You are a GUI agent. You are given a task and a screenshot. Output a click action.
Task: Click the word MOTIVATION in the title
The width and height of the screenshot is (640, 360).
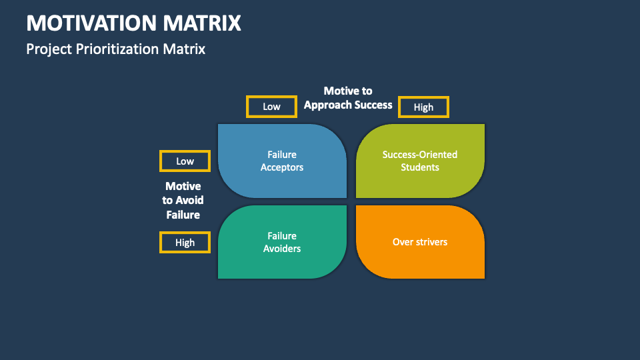coord(91,23)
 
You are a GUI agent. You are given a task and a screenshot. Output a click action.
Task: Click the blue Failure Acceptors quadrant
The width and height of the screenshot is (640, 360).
coord(281,161)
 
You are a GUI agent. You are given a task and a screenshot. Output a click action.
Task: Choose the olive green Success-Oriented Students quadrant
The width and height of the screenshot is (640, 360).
coord(420,161)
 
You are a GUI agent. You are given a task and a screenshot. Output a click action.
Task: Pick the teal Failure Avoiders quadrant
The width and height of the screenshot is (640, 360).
coord(281,242)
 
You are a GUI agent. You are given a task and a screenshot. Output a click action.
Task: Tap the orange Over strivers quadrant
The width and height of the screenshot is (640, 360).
coord(420,242)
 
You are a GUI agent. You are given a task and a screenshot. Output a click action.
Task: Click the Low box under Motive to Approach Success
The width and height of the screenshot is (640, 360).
coord(271,107)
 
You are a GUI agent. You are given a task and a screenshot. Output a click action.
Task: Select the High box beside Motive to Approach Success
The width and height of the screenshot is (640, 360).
coord(423,107)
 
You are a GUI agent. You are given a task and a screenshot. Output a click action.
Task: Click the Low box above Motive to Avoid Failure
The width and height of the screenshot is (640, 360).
coord(185,161)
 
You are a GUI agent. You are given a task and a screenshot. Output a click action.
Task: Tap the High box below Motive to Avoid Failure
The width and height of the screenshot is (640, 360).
coord(185,243)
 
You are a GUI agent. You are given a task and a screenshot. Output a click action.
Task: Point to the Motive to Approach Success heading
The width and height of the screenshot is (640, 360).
coord(348,97)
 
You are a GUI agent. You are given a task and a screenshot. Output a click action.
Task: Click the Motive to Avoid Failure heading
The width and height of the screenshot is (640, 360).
coord(183,200)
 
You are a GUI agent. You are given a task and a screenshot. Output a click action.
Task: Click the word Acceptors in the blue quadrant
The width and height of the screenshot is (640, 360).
coord(282,167)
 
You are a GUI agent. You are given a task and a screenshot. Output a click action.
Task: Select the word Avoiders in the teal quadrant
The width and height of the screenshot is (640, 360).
coord(282,249)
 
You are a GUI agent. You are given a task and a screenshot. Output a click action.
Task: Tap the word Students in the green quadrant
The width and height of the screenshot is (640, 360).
coord(420,167)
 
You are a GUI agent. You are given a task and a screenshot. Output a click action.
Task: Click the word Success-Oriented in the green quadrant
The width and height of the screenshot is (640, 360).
coord(420,155)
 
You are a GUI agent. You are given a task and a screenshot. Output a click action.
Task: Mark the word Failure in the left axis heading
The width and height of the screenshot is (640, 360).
coord(183,215)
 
